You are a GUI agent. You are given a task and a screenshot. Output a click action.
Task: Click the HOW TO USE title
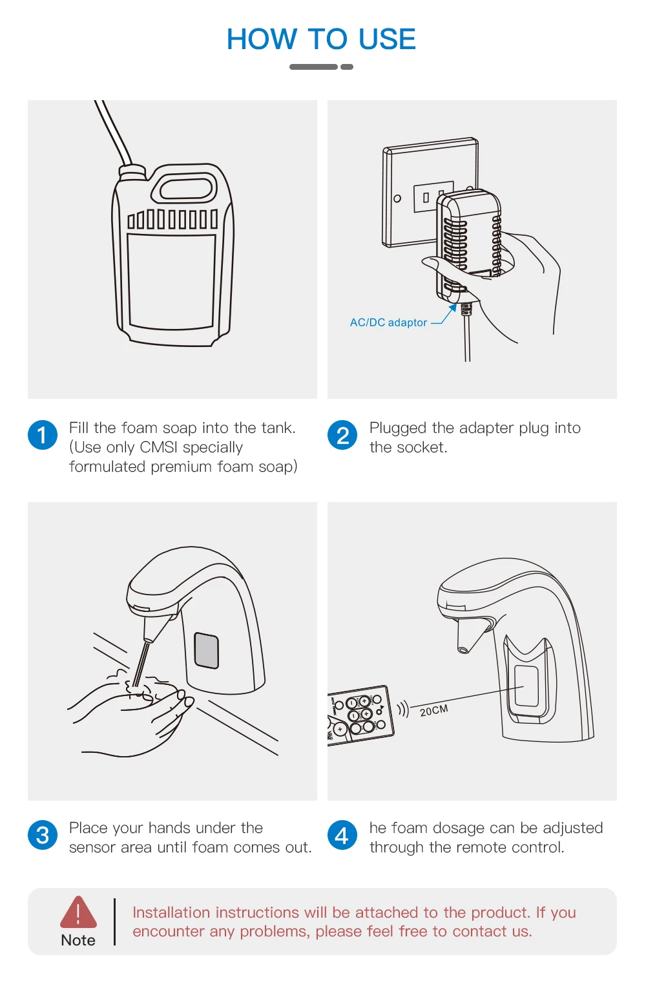pyautogui.click(x=321, y=39)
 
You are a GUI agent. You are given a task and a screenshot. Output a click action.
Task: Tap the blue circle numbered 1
pyautogui.click(x=43, y=435)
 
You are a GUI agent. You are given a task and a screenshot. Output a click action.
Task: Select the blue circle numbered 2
pyautogui.click(x=342, y=435)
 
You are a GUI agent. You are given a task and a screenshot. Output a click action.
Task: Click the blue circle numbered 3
pyautogui.click(x=43, y=835)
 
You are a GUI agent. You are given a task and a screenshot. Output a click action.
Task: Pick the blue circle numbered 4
pyautogui.click(x=342, y=835)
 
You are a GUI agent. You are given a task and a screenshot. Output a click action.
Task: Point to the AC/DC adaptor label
pyautogui.click(x=388, y=322)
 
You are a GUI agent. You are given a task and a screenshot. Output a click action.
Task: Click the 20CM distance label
pyautogui.click(x=434, y=711)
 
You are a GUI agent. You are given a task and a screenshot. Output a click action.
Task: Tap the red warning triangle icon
pyautogui.click(x=78, y=912)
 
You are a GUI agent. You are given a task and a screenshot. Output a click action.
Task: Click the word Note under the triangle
pyautogui.click(x=78, y=940)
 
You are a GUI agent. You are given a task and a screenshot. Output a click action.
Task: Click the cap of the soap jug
pyautogui.click(x=132, y=172)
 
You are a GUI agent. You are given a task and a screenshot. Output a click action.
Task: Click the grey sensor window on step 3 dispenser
pyautogui.click(x=206, y=650)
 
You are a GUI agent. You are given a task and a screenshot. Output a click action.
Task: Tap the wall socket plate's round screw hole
pyautogui.click(x=397, y=198)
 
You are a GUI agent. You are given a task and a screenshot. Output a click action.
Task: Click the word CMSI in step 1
pyautogui.click(x=158, y=447)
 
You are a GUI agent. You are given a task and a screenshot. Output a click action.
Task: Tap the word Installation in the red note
pyautogui.click(x=171, y=913)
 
